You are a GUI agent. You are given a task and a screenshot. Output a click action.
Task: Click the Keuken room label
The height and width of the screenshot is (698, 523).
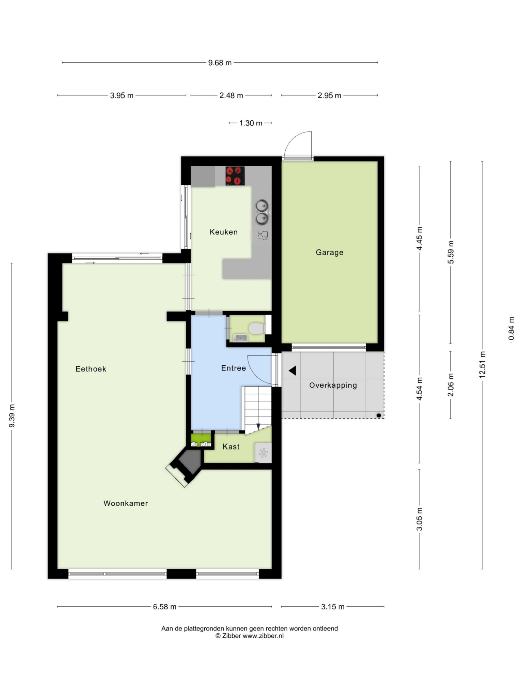[223, 232]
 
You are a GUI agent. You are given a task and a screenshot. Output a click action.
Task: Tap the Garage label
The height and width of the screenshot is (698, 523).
[329, 253]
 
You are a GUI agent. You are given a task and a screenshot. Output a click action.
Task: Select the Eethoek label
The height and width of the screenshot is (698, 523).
[91, 369]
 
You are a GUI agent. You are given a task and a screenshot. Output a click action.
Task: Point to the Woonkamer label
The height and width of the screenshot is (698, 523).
[126, 503]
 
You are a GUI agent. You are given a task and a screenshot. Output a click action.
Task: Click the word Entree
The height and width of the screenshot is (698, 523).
[234, 368]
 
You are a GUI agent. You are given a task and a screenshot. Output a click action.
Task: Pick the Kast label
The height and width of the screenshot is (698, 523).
[231, 446]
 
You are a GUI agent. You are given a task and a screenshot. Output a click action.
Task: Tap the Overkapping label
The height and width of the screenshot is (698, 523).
[333, 385]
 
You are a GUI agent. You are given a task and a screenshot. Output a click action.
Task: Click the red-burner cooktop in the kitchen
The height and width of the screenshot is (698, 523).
[235, 176]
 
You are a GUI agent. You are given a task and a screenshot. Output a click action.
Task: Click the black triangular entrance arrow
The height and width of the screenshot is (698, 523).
[292, 370]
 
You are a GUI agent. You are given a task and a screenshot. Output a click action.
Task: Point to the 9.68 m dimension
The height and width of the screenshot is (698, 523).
[220, 63]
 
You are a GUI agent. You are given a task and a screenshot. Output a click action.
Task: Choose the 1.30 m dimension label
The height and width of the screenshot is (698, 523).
[251, 123]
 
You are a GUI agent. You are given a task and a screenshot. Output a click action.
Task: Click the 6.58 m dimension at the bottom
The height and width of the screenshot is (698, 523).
[165, 607]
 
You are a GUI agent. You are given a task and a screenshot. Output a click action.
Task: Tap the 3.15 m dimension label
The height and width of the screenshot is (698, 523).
[333, 607]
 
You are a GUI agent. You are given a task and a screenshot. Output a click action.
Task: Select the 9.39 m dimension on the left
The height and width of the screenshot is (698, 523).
[12, 416]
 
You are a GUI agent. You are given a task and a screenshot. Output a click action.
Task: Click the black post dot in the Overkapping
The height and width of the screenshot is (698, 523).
[379, 415]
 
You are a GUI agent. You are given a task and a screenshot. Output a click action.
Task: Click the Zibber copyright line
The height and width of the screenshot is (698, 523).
[250, 636]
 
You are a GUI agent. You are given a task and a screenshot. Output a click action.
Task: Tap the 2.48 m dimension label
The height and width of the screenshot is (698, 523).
[231, 95]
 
